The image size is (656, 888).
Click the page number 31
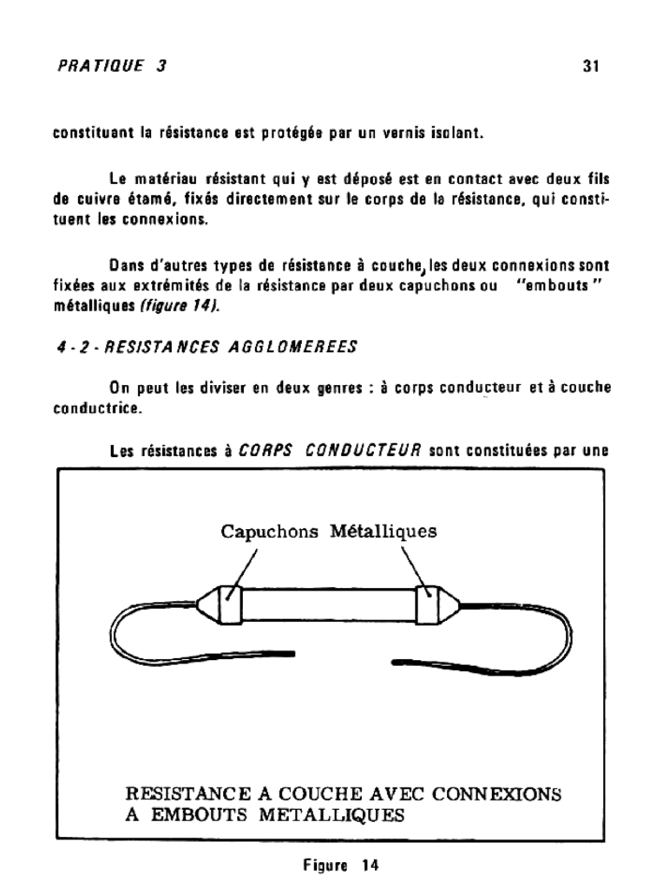click(591, 66)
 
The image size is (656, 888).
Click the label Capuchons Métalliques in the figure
click(329, 531)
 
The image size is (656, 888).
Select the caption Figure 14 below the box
click(329, 865)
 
